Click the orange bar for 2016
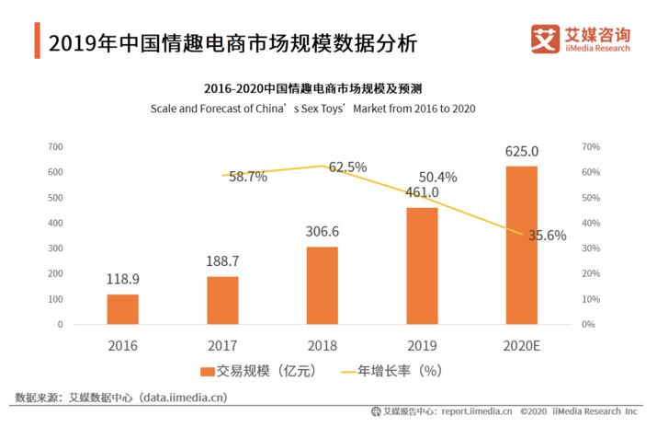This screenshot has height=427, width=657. [x=122, y=309]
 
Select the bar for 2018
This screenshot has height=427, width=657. [x=322, y=285]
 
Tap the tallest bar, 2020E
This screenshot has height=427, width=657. [x=521, y=245]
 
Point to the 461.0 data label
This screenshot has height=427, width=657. [x=422, y=192]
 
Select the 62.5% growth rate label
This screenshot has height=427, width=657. [x=347, y=167]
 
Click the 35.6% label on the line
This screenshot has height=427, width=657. [x=547, y=235]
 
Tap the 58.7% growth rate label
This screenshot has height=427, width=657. [x=247, y=177]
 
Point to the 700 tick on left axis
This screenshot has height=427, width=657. [x=54, y=147]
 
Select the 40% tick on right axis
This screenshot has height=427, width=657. [x=591, y=224]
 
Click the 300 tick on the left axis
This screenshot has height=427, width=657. [x=54, y=248]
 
